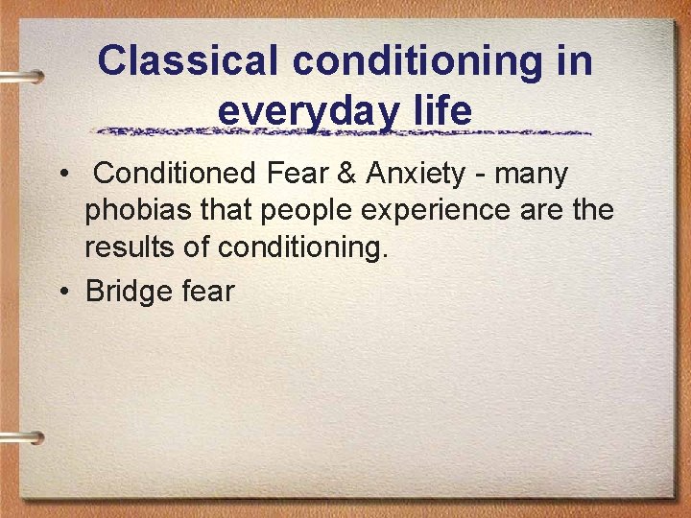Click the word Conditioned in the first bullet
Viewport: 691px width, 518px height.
click(176, 175)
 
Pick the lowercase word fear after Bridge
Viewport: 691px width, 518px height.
click(206, 291)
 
